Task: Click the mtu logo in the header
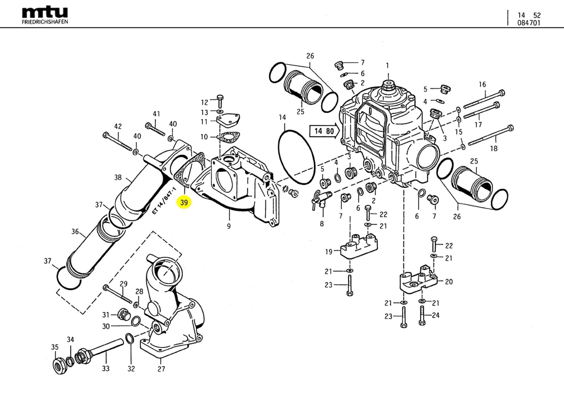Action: (x=45, y=13)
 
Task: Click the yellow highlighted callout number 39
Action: (x=184, y=203)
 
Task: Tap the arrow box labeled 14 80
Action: (x=324, y=131)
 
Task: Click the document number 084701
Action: (x=529, y=23)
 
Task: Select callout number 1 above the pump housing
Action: (x=387, y=65)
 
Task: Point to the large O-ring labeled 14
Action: (x=296, y=156)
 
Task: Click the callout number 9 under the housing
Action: (x=229, y=226)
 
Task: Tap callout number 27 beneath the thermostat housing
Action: (x=161, y=369)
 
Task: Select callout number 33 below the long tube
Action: (x=106, y=369)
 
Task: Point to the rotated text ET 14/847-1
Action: (x=164, y=201)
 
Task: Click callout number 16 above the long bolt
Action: (x=482, y=84)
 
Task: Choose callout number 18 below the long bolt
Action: (x=493, y=149)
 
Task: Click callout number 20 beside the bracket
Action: (x=448, y=282)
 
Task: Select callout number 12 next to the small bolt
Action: (x=204, y=102)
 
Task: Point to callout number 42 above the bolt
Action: (x=118, y=126)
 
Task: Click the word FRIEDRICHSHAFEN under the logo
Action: (x=45, y=22)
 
